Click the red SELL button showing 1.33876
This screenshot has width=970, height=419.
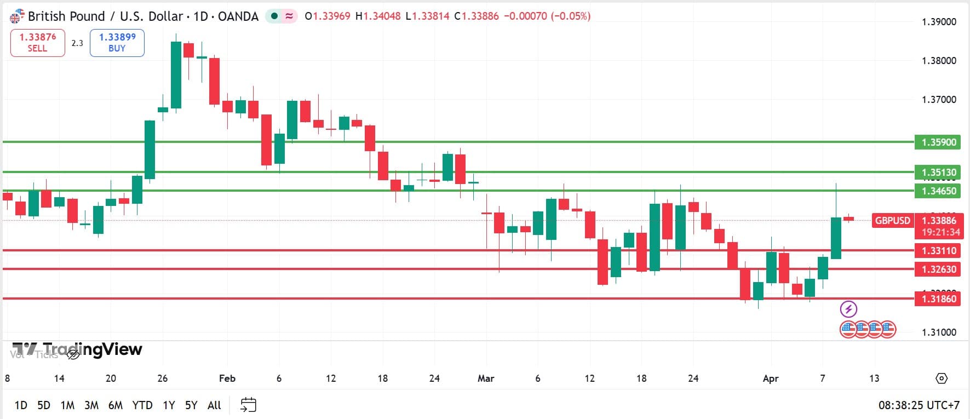(37, 43)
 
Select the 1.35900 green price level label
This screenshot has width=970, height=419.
(938, 142)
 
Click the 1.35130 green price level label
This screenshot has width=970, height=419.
(938, 173)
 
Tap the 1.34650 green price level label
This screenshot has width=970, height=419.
(938, 191)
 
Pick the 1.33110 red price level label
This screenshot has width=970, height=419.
(938, 251)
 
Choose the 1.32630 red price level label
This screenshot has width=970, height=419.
(938, 269)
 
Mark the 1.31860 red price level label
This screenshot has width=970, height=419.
(938, 299)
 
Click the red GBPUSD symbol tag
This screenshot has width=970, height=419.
(892, 221)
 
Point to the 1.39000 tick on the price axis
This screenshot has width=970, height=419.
(939, 22)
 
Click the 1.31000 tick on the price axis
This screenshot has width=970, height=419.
(939, 332)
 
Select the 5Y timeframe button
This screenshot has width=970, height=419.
(191, 405)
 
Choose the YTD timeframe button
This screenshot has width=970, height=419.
(142, 405)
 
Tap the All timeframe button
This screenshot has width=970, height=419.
(214, 405)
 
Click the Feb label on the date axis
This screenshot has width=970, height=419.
(227, 378)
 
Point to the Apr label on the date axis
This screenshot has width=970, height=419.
(770, 378)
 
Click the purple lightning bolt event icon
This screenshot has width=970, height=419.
(848, 309)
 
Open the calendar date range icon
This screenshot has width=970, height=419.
(248, 405)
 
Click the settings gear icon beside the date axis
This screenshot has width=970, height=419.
(941, 378)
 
